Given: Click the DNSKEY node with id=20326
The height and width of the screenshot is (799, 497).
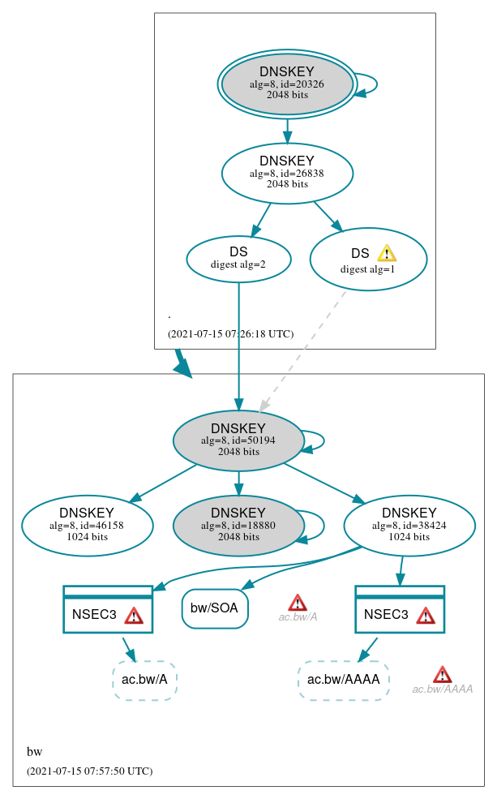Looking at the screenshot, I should pyautogui.click(x=287, y=84).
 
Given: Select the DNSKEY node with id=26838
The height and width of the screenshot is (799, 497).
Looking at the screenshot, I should pyautogui.click(x=287, y=173).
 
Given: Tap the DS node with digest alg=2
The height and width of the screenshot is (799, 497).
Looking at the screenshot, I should pyautogui.click(x=238, y=258).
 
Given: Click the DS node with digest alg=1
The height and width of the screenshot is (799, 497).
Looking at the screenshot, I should pyautogui.click(x=367, y=260).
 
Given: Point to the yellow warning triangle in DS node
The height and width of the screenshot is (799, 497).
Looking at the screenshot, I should pyautogui.click(x=387, y=253).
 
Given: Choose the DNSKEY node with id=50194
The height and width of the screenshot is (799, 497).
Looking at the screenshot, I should pyautogui.click(x=238, y=440).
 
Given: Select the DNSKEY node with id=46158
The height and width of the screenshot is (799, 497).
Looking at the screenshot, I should pyautogui.click(x=87, y=526).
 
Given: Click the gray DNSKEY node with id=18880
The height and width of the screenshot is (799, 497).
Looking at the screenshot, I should pyautogui.click(x=238, y=526).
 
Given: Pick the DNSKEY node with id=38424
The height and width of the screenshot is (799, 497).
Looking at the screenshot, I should pyautogui.click(x=409, y=526).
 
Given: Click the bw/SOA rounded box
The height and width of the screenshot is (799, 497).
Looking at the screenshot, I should pyautogui.click(x=215, y=608).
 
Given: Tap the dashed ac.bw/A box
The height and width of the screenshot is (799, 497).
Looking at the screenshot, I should pyautogui.click(x=144, y=680).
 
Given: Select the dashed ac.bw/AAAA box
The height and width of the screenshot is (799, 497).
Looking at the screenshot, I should pyautogui.click(x=344, y=680).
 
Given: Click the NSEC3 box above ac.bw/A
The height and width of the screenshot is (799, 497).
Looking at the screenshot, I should pyautogui.click(x=108, y=610).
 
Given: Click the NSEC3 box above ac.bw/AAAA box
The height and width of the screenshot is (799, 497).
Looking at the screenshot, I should pyautogui.click(x=399, y=610).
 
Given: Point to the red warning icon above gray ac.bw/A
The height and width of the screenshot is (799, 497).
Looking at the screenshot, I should pyautogui.click(x=298, y=602).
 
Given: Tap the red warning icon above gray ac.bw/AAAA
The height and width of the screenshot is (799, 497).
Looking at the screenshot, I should pyautogui.click(x=442, y=674).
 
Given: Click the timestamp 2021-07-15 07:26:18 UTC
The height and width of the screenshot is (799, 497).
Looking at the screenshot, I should pyautogui.click(x=230, y=333).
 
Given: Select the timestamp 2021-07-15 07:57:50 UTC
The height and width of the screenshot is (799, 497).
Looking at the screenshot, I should pyautogui.click(x=89, y=771).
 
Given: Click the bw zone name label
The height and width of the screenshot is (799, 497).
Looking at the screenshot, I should pyautogui.click(x=34, y=752).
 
